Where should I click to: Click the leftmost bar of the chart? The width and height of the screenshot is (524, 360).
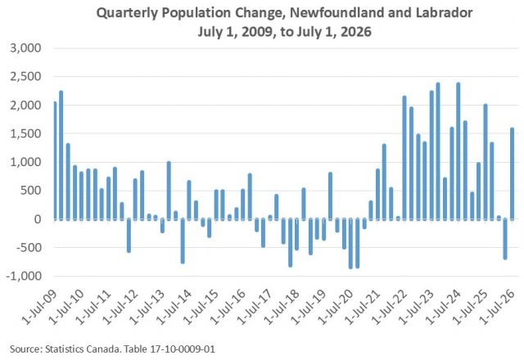click(55, 160)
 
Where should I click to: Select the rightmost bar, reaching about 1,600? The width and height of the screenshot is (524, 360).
click(512, 173)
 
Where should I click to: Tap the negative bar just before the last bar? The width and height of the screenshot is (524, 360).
click(505, 239)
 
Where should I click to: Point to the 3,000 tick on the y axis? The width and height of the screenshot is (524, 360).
click(25, 48)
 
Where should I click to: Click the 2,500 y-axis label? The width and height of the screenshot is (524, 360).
click(25, 76)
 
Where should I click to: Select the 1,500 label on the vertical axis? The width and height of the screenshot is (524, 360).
click(25, 133)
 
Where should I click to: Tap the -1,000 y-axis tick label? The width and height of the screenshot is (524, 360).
click(24, 277)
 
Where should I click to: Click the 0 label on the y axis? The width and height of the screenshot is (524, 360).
click(38, 219)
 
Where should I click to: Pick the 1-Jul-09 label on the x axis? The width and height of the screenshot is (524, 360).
click(40, 308)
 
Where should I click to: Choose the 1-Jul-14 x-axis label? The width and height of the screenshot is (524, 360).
click(174, 308)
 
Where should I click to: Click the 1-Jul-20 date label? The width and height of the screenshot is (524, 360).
click(336, 308)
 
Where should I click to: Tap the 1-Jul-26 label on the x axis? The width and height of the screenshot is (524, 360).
click(498, 308)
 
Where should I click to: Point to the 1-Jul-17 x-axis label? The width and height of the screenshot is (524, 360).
click(255, 308)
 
